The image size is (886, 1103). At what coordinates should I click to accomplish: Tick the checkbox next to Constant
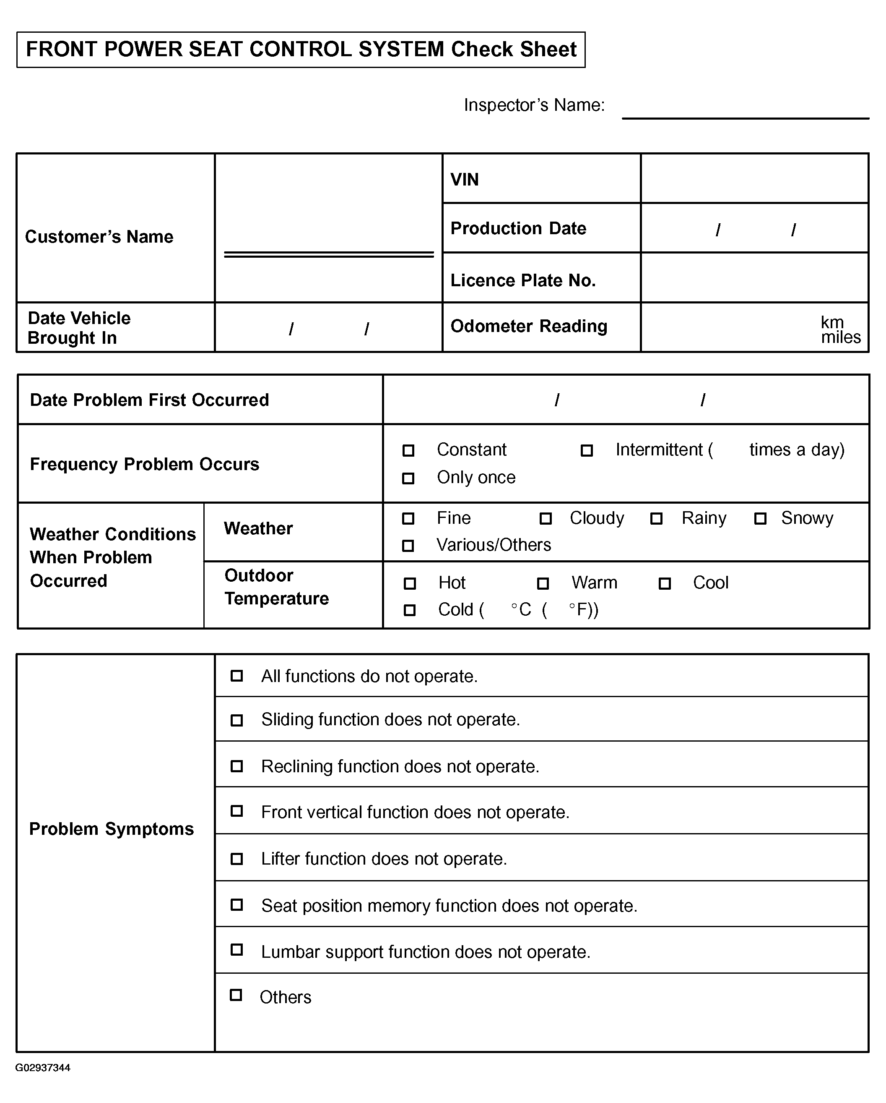(408, 450)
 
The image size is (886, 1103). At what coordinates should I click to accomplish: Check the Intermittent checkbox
(587, 450)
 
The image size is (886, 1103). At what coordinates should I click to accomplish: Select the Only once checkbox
(408, 478)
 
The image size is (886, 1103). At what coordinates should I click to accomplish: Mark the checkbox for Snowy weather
(760, 519)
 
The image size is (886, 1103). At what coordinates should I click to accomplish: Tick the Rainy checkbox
(657, 519)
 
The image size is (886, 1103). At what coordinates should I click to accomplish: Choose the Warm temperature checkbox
(543, 583)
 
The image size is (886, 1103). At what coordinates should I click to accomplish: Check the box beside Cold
(410, 610)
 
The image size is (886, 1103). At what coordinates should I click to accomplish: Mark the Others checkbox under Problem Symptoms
(236, 995)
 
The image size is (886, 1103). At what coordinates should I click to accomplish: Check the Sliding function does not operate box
(237, 720)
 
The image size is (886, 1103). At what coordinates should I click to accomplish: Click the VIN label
(464, 180)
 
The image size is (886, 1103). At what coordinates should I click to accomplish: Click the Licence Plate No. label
(522, 280)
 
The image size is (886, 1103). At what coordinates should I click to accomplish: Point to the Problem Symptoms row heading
(112, 829)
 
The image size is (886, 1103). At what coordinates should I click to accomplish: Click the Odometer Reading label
(529, 326)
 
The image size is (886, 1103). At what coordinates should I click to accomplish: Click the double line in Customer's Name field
(329, 254)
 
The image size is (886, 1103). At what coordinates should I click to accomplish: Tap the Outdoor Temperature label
(276, 587)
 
